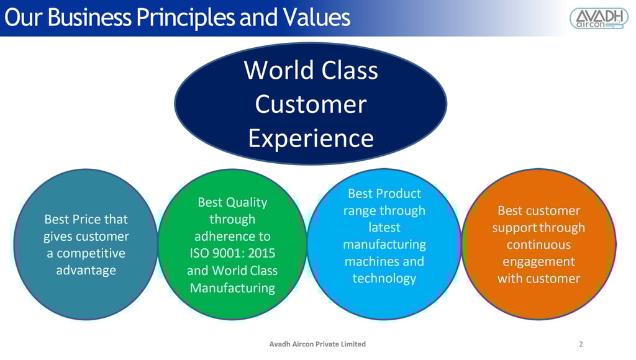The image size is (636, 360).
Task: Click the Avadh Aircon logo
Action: click(x=599, y=18)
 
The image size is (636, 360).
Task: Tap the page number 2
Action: click(x=581, y=344)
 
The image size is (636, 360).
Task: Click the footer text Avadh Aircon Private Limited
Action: click(x=317, y=344)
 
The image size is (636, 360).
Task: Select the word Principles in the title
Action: click(x=185, y=18)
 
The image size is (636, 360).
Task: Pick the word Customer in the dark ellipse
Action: click(x=311, y=104)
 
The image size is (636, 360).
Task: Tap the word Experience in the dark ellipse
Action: click(x=311, y=138)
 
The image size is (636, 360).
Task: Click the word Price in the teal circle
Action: click(x=86, y=219)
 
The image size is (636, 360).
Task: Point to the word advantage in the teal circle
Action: click(x=86, y=271)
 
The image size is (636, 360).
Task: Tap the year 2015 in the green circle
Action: click(x=261, y=253)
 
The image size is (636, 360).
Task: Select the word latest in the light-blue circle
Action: click(x=384, y=227)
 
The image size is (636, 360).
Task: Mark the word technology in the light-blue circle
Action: click(x=384, y=279)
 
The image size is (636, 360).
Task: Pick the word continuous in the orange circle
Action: click(x=538, y=245)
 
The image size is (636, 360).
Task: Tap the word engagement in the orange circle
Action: click(x=538, y=262)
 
